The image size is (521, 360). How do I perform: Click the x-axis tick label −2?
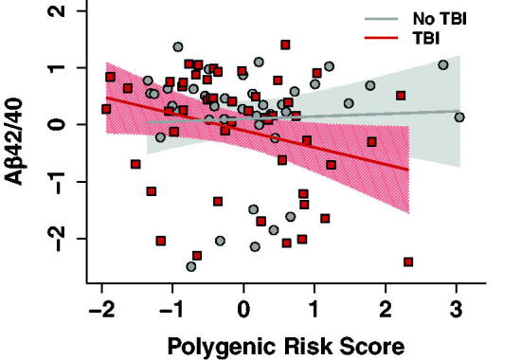[x=102, y=310]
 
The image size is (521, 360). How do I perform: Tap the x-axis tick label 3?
[x=457, y=310]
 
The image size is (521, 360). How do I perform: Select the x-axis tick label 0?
[x=243, y=310]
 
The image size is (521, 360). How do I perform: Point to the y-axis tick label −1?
[x=57, y=182]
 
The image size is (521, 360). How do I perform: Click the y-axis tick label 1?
[x=57, y=68]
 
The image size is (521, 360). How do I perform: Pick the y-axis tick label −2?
[x=57, y=239]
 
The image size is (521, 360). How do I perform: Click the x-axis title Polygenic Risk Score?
[x=286, y=347]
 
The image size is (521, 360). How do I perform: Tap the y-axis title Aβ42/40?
[x=14, y=141]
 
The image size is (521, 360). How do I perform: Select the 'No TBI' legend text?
[x=440, y=19]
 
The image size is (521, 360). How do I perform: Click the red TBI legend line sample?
[x=381, y=38]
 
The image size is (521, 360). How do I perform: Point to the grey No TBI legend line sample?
[x=381, y=19]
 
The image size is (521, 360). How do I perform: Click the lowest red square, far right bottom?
[x=408, y=261]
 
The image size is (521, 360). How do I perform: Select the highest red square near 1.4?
[x=285, y=45]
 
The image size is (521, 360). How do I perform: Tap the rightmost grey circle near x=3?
[x=459, y=117]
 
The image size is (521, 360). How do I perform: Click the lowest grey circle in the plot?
[x=191, y=266]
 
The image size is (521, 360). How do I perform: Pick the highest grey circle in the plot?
[x=178, y=46]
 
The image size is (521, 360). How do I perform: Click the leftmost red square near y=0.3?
[x=106, y=109]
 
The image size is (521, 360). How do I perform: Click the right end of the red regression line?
[x=408, y=171]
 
